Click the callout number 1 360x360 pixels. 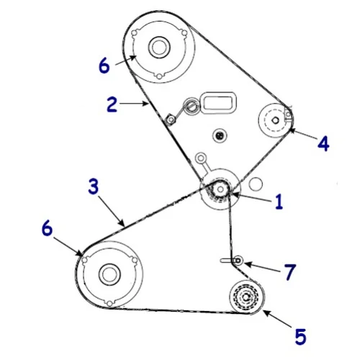(279, 202)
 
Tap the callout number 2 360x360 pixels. (112, 104)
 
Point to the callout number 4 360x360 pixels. (323, 143)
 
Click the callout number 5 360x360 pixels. (300, 336)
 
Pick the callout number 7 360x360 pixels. (289, 272)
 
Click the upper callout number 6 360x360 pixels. (104, 66)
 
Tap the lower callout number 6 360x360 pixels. (47, 228)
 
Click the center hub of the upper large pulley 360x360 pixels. (159, 48)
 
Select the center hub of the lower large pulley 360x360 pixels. (109, 274)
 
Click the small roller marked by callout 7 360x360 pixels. (238, 261)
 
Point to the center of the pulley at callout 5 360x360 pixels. (246, 297)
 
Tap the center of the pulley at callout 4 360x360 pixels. (275, 120)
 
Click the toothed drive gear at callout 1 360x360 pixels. (220, 189)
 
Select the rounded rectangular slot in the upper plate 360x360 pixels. (218, 102)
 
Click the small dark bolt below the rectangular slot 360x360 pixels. (219, 135)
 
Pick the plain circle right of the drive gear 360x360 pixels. (256, 184)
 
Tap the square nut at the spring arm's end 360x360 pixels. (171, 120)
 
